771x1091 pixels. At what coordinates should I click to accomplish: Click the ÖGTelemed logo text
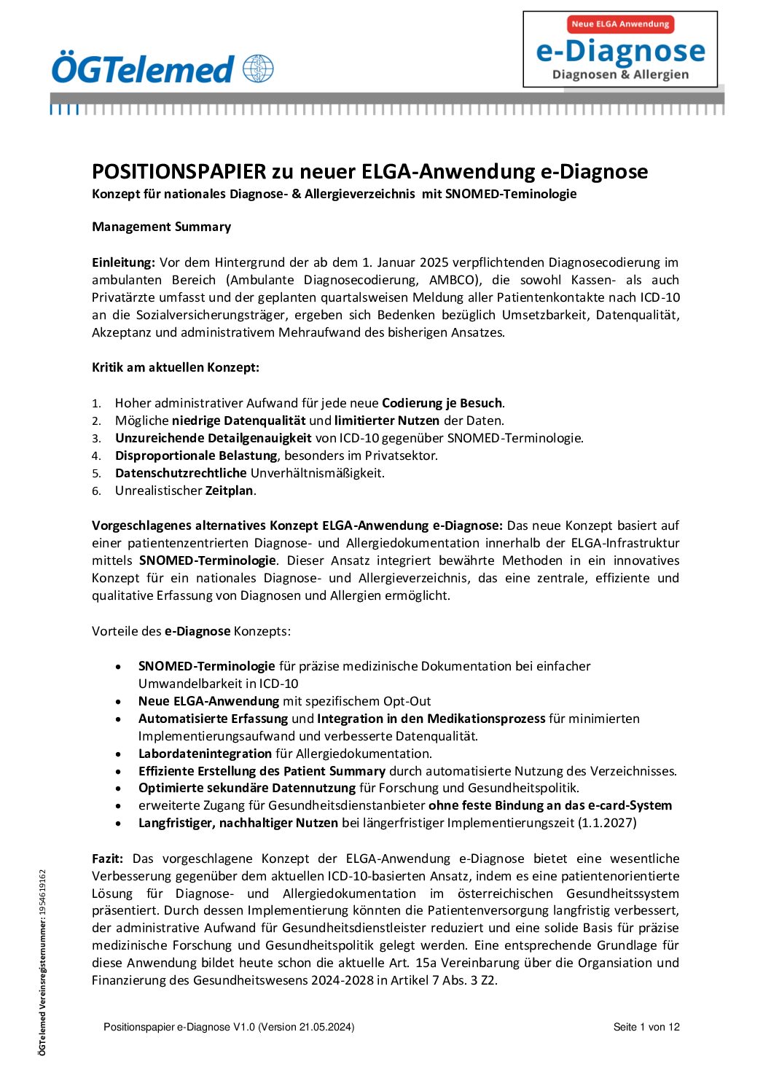[143, 69]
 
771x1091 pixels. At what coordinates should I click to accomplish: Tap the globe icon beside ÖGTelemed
[259, 69]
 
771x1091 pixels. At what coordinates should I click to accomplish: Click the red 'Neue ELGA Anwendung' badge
[620, 24]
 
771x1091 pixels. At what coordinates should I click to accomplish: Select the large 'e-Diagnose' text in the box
[620, 51]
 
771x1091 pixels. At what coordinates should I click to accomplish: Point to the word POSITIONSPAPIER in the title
[179, 172]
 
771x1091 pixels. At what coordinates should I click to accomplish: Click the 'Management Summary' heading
[161, 227]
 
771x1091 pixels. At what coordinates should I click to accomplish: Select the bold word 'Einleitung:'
[123, 262]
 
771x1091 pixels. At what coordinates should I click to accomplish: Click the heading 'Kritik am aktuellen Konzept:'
[176, 367]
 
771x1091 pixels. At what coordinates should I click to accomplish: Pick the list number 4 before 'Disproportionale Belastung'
[96, 456]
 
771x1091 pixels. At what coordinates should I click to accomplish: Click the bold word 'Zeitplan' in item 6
[230, 490]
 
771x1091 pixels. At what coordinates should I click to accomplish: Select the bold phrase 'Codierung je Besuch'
[442, 403]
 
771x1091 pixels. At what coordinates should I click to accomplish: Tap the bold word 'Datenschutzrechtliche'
[181, 473]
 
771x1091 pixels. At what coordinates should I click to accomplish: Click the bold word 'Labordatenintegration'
[205, 754]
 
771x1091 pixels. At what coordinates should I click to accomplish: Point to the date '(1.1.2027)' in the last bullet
[607, 823]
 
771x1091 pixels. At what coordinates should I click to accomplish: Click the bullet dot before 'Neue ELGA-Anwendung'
[119, 702]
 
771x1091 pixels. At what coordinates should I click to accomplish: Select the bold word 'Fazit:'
[107, 859]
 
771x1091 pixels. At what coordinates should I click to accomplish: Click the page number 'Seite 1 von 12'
[646, 1027]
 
